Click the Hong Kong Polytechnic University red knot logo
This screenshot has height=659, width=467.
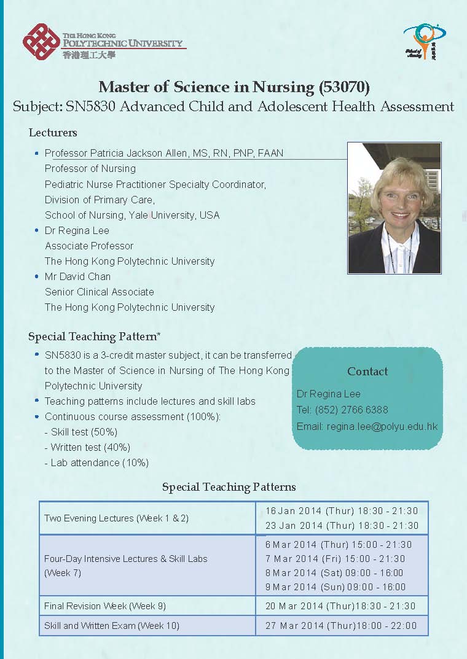click(x=41, y=41)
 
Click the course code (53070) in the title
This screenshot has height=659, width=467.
click(x=343, y=87)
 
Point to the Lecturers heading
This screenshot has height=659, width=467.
click(x=53, y=133)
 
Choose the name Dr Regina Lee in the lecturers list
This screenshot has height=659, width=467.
click(x=77, y=230)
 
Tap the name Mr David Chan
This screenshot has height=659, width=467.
click(x=77, y=276)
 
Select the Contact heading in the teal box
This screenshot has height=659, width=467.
click(x=367, y=371)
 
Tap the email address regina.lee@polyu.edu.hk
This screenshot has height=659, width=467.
click(x=382, y=426)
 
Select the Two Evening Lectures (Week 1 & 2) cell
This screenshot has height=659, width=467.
click(x=116, y=518)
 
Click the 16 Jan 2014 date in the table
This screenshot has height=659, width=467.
click(x=293, y=511)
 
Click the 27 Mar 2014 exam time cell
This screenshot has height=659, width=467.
click(x=340, y=625)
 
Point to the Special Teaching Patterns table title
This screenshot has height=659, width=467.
click(x=229, y=487)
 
